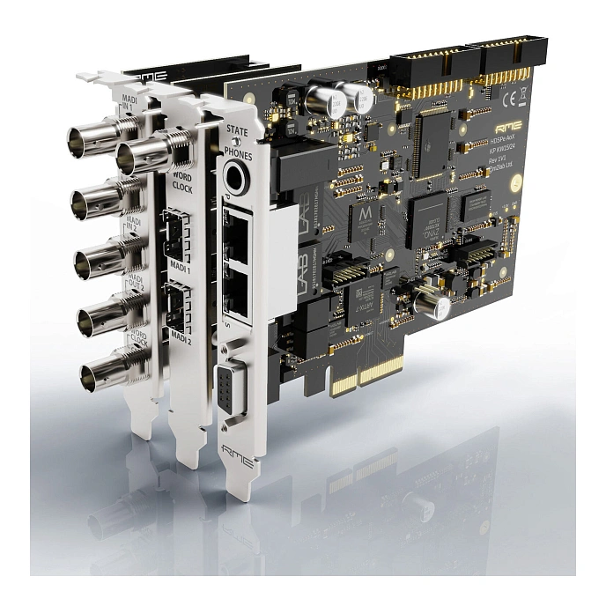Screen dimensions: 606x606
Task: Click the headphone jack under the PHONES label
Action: (236, 180)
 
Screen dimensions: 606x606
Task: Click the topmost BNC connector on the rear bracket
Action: (91, 140)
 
